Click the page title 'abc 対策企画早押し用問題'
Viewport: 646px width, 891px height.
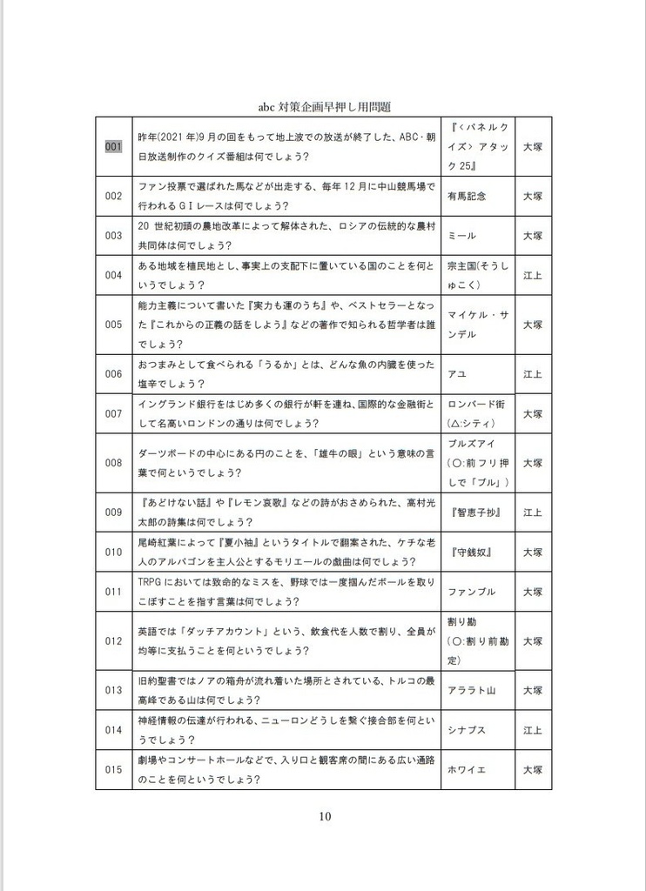click(x=323, y=107)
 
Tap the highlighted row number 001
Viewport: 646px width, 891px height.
click(x=113, y=147)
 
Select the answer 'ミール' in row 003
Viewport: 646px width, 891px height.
click(x=461, y=236)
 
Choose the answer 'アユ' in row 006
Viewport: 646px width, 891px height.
click(x=455, y=374)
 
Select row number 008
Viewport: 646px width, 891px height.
click(x=113, y=463)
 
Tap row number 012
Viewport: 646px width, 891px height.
click(x=113, y=641)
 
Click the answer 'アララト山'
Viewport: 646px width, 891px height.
click(x=471, y=690)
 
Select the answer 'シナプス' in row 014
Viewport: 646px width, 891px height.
click(x=467, y=730)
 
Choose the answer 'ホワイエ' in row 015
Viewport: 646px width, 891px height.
click(x=467, y=770)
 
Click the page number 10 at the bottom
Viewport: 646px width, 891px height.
click(x=324, y=816)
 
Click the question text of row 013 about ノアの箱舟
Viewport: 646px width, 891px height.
click(x=285, y=690)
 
